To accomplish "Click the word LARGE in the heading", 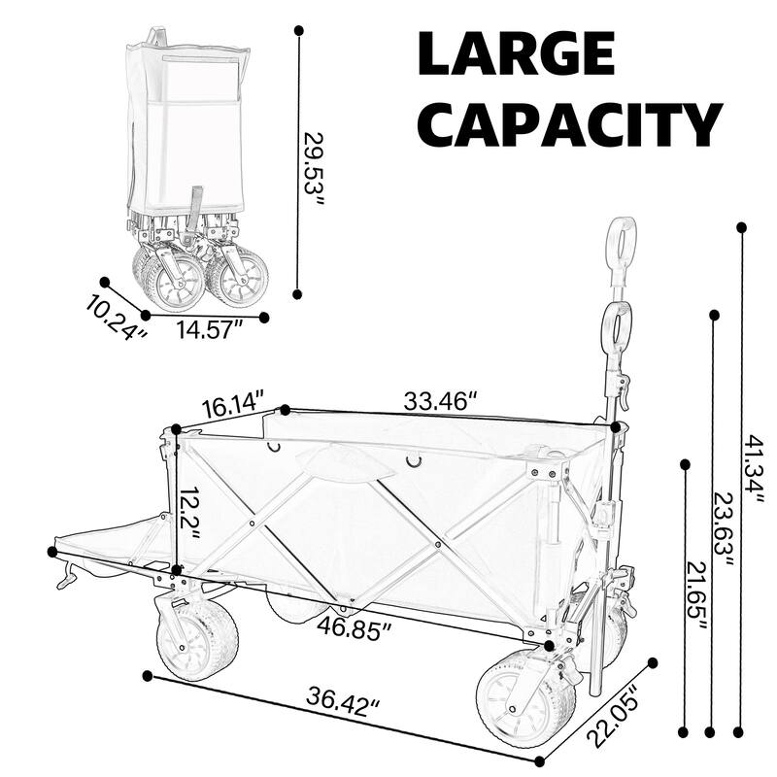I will pos(517,53).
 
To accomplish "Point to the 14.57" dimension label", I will pos(208,330).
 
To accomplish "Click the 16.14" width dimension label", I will pos(232,406).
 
